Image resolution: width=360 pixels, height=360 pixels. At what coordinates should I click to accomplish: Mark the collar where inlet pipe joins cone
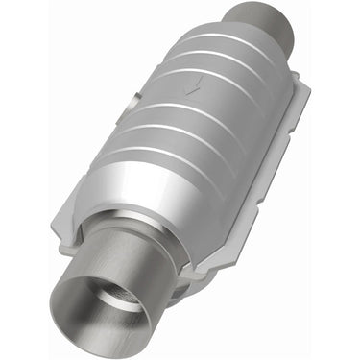pos(144,235)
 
